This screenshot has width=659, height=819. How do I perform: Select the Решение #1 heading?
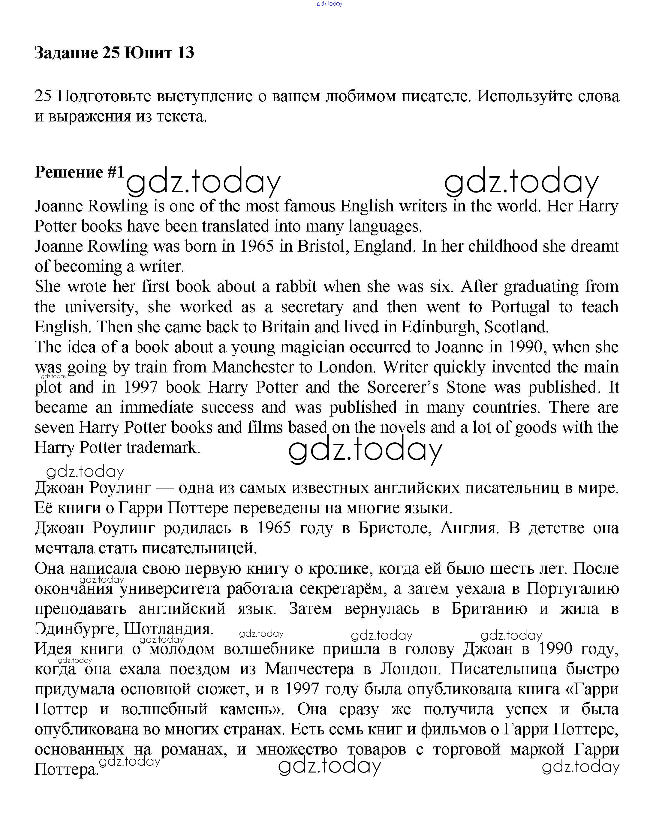tap(80, 172)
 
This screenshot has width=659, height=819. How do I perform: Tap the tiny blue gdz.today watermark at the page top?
tap(329, 4)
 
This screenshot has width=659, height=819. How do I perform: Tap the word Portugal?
tap(520, 306)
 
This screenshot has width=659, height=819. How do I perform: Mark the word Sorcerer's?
tap(402, 387)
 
